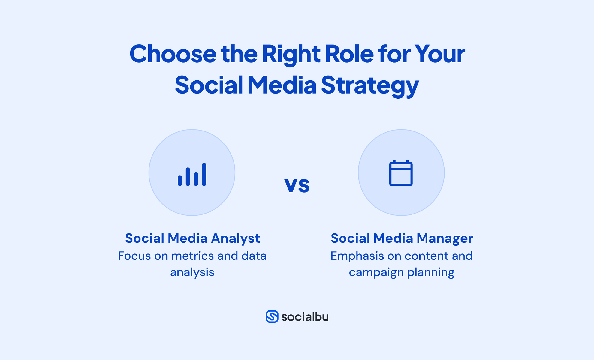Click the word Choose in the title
point(173,54)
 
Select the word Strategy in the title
point(370,85)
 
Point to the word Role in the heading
point(349,54)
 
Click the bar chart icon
point(192,174)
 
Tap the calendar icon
point(401,173)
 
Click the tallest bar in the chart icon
point(204,174)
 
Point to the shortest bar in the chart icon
point(180,180)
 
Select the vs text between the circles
point(297,184)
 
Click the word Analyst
point(235,238)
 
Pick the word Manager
point(445,238)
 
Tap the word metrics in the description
point(192,256)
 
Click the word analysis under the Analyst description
point(192,272)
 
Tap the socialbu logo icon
point(272,317)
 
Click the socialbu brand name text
point(305,317)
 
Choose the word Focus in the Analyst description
point(134,256)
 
